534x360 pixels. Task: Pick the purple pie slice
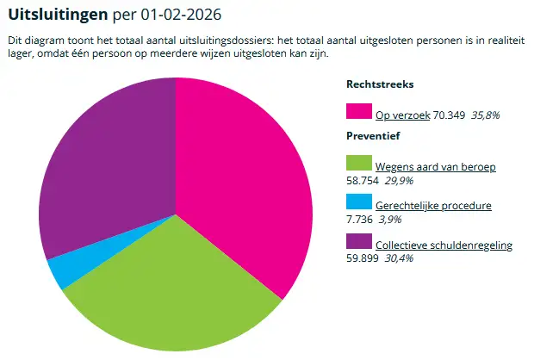(x=103, y=164)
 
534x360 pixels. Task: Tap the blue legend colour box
(x=357, y=204)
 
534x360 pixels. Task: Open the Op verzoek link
(x=402, y=114)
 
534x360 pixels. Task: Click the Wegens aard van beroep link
(x=435, y=165)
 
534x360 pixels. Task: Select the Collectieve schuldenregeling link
(x=444, y=245)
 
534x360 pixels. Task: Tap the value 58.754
(x=363, y=179)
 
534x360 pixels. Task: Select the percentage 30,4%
(x=400, y=258)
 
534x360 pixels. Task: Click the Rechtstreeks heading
(x=380, y=84)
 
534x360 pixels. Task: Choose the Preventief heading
(x=373, y=136)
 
